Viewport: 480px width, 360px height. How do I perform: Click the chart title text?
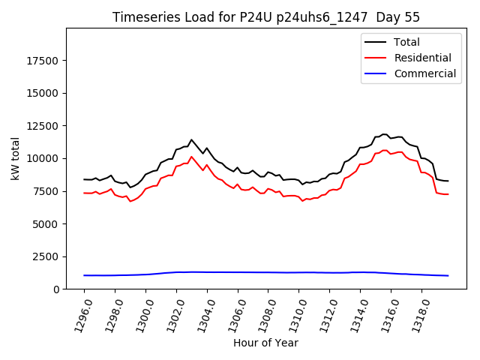(266, 17)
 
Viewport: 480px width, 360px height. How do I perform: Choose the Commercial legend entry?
(424, 73)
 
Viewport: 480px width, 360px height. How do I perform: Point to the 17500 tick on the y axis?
(43, 61)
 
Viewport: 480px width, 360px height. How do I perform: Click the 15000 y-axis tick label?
(43, 94)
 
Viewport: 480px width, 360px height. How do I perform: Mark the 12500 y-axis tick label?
(43, 126)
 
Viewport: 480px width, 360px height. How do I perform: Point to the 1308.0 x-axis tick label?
(262, 312)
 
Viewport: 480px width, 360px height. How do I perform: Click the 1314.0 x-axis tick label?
(355, 312)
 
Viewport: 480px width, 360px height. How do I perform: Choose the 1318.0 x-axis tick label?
(416, 312)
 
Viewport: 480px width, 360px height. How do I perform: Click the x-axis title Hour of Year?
(265, 343)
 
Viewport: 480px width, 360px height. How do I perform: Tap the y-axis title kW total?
(15, 159)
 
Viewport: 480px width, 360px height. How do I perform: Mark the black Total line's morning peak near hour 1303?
(191, 139)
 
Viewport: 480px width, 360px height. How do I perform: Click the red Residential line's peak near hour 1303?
(191, 157)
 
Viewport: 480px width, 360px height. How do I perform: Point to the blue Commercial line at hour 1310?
(298, 272)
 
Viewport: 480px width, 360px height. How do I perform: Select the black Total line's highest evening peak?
(384, 134)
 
